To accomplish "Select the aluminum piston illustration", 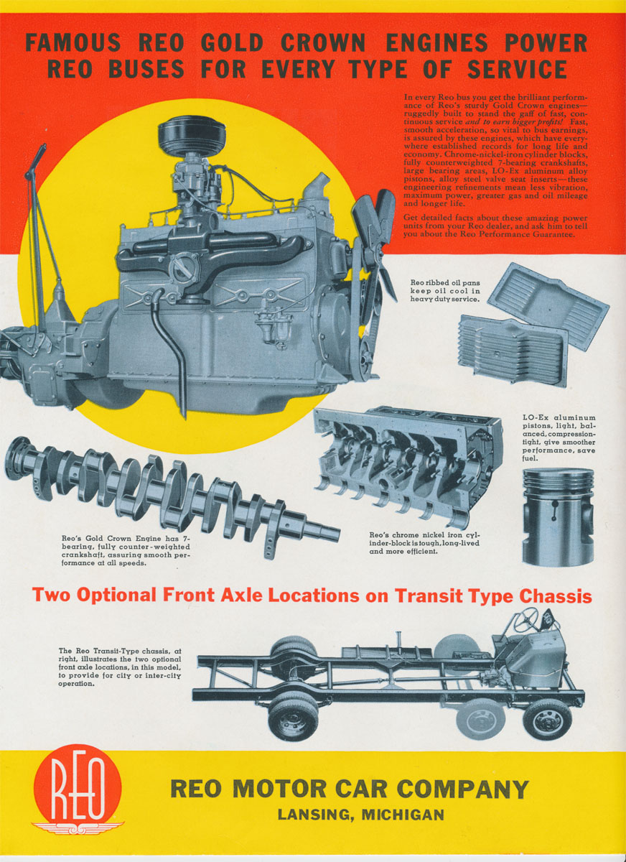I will pos(557,516).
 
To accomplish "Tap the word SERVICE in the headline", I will pos(517,70).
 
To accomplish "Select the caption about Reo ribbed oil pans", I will pos(445,291).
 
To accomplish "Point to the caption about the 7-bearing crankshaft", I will pos(126,551).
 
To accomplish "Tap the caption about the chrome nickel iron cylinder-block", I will pos(424,543).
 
